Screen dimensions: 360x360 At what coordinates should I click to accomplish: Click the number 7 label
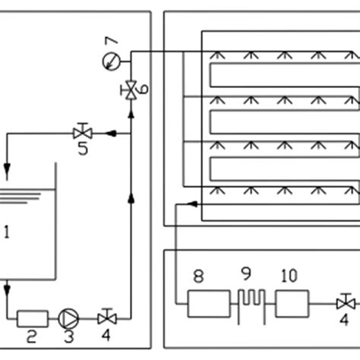[111, 40]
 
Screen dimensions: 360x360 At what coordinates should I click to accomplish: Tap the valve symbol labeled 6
[131, 90]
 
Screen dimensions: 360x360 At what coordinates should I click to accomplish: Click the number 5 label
[83, 149]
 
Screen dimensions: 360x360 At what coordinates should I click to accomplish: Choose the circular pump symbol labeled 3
[70, 316]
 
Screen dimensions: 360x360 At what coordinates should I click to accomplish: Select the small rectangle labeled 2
[33, 316]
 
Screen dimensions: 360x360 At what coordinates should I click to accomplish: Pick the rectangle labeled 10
[292, 305]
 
